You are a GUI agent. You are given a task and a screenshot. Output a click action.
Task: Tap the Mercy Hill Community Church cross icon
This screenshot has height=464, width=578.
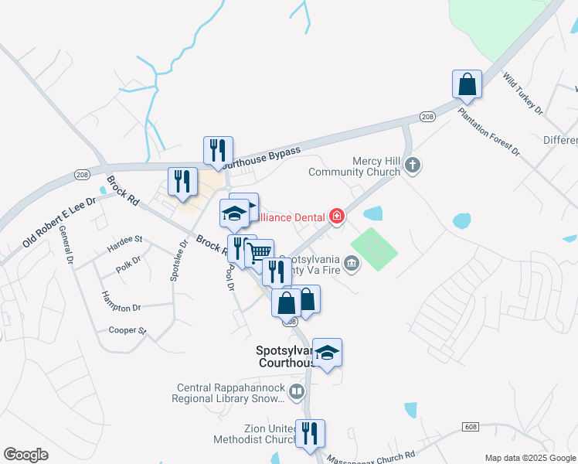tap(413, 164)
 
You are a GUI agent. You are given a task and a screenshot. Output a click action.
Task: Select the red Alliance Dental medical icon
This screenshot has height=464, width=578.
tap(336, 217)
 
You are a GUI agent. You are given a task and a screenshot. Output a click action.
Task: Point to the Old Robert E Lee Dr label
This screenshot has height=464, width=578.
tap(59, 222)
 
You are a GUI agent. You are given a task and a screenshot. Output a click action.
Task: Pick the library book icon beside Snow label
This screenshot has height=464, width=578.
tap(296, 393)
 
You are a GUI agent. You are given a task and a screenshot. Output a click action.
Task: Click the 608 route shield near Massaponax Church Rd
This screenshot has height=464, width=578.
tap(471, 426)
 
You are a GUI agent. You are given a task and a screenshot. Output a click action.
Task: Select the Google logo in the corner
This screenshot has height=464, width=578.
tap(25, 454)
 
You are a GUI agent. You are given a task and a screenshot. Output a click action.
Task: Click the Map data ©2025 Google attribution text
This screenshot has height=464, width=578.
tap(529, 457)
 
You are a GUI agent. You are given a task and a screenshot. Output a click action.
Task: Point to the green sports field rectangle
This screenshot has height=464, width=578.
tap(374, 248)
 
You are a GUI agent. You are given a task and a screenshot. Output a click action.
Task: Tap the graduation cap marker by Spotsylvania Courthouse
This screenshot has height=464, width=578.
tap(328, 353)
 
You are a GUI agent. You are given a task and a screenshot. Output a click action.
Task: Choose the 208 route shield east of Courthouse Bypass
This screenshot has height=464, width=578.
tap(427, 116)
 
